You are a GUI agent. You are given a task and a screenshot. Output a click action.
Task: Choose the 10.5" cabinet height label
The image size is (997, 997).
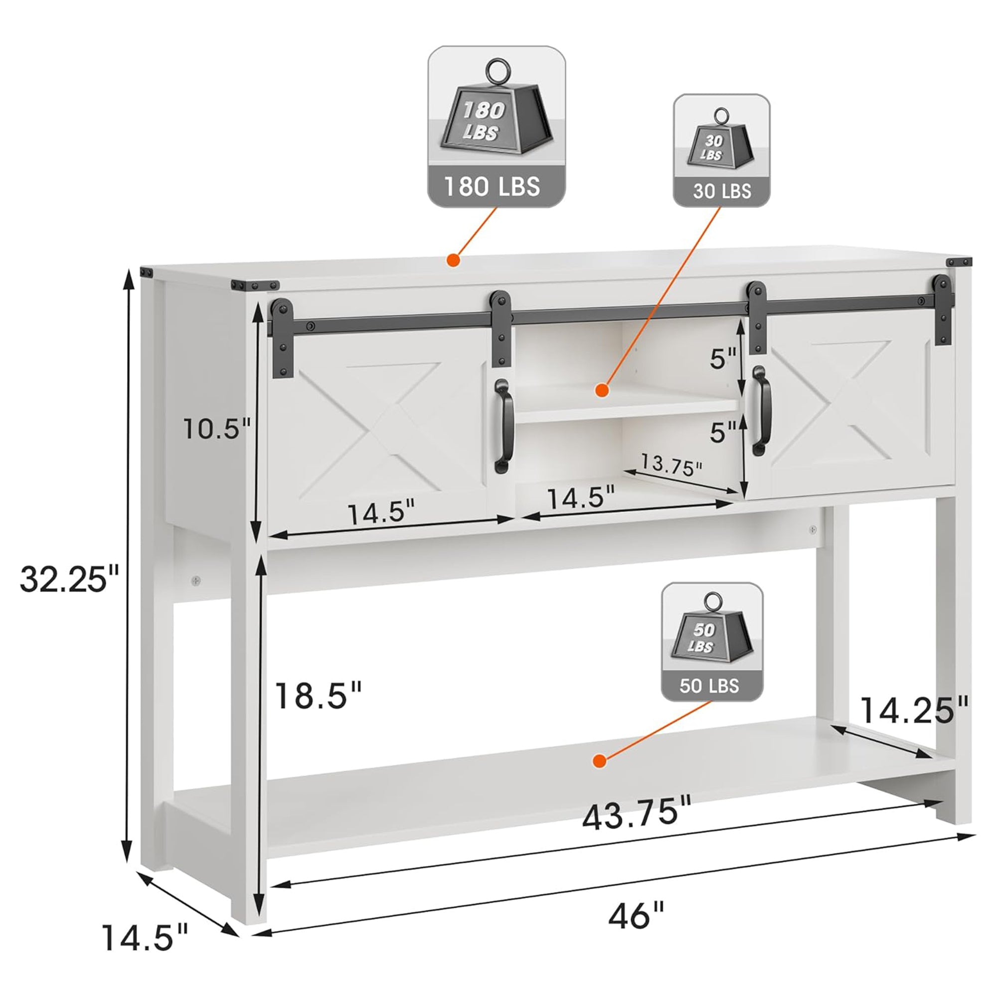pyautogui.click(x=217, y=428)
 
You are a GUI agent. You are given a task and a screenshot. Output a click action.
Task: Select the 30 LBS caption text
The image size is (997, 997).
pyautogui.click(x=722, y=191)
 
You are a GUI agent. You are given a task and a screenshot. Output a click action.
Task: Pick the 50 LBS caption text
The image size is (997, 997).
pyautogui.click(x=709, y=685)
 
